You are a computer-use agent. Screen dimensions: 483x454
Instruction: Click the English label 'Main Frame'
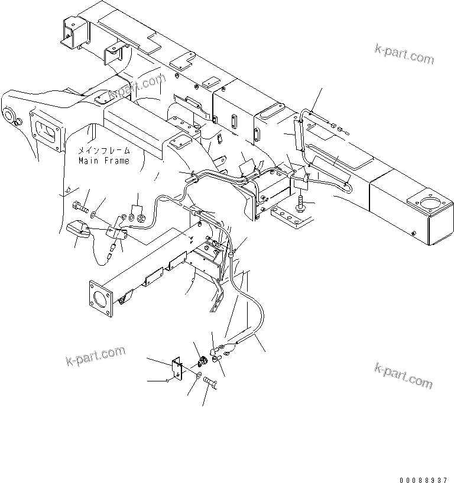(103, 161)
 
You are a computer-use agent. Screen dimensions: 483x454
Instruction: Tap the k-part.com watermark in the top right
(404, 54)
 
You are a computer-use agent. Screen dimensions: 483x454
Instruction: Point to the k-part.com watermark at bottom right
(403, 376)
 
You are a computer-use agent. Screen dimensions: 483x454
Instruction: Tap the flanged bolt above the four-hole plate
(301, 204)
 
